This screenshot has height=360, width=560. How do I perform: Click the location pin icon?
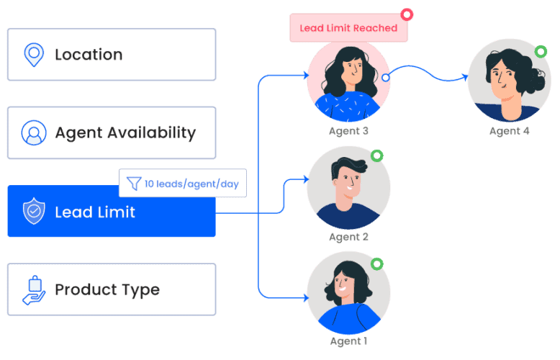point(33,55)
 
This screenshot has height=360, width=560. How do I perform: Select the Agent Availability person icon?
point(33,132)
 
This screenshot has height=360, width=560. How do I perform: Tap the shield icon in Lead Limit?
point(33,212)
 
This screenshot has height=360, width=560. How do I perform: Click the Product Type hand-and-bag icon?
point(33,289)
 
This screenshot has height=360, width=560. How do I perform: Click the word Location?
point(89,55)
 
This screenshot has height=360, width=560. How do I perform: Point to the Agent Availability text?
point(125,132)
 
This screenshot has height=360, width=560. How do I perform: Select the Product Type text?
point(107,289)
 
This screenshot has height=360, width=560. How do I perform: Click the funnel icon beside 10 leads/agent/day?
point(134,184)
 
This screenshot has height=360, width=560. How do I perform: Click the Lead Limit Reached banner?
point(348,28)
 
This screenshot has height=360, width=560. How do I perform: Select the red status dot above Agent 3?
point(407,14)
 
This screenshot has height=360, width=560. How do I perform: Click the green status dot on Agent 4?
point(541,51)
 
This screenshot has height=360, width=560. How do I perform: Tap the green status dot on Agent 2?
point(376,156)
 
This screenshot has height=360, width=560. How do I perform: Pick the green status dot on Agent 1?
point(376,264)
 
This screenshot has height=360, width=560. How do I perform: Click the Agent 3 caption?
point(348,131)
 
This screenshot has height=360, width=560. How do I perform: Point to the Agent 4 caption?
point(509,131)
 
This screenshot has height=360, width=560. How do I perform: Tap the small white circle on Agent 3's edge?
point(386,77)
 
